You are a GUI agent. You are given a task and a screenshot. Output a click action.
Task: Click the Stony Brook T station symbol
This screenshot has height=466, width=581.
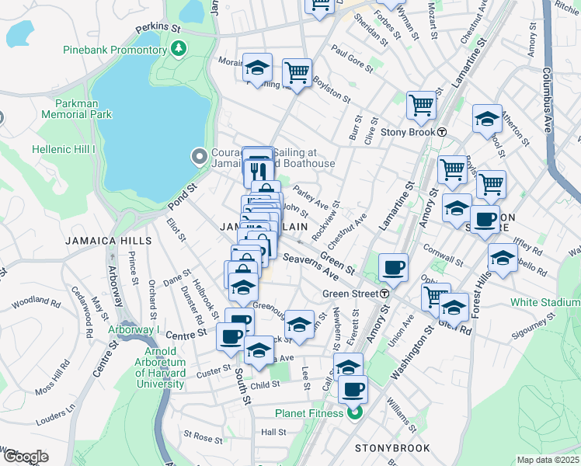click(x=441, y=131)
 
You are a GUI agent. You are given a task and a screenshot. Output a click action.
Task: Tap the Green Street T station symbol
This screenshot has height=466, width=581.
click(x=384, y=294)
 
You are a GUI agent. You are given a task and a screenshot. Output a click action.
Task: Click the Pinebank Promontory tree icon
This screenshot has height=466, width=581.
click(x=179, y=50)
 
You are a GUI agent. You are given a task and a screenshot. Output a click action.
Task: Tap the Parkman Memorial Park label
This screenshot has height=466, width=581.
click(x=83, y=109)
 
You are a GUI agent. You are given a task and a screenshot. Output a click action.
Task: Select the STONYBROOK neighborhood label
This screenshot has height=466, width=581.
click(x=388, y=448)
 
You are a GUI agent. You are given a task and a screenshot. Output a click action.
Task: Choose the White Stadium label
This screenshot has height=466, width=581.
click(x=544, y=301)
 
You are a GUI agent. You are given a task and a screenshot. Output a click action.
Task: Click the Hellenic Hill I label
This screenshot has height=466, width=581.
click(x=63, y=149)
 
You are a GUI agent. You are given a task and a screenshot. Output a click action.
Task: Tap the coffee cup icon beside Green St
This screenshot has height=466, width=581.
click(x=393, y=268)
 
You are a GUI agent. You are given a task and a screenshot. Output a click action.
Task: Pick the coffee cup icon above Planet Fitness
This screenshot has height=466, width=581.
click(x=353, y=388)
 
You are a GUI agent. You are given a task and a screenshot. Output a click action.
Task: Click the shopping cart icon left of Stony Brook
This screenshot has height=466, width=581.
click(x=420, y=103)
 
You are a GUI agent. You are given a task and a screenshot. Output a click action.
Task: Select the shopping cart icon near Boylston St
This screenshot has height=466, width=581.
click(x=297, y=72)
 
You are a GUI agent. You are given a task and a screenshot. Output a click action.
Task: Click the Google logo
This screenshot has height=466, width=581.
click(x=26, y=457)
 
